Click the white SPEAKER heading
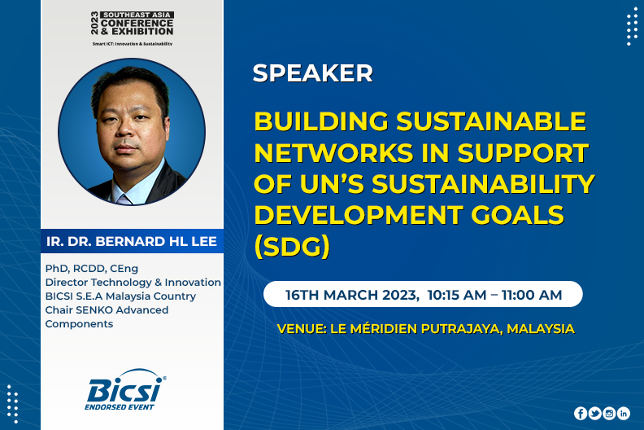[312, 73]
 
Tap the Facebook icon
[581, 413]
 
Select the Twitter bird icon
[594, 413]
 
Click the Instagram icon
[609, 413]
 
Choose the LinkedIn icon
[624, 413]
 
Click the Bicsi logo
[126, 389]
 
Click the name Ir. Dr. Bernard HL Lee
[132, 241]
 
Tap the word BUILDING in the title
[321, 121]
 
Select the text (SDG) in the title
[292, 247]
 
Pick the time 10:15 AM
[457, 295]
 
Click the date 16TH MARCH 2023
[351, 295]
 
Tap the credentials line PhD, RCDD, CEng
[92, 269]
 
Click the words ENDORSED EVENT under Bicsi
[119, 407]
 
